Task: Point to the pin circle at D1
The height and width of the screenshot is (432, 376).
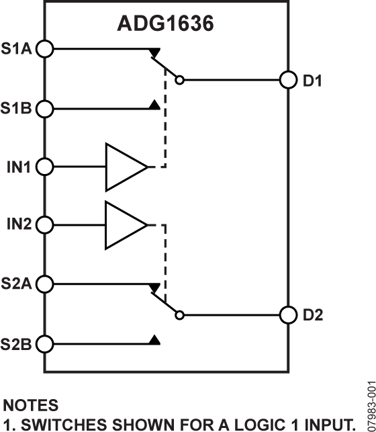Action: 288,80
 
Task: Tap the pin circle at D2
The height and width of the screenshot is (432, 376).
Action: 288,314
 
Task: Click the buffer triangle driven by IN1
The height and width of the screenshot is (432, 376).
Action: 124,166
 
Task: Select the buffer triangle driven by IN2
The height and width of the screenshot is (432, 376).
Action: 124,224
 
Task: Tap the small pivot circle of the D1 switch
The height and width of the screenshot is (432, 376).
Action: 179,81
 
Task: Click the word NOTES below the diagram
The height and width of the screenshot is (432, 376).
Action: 31,405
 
